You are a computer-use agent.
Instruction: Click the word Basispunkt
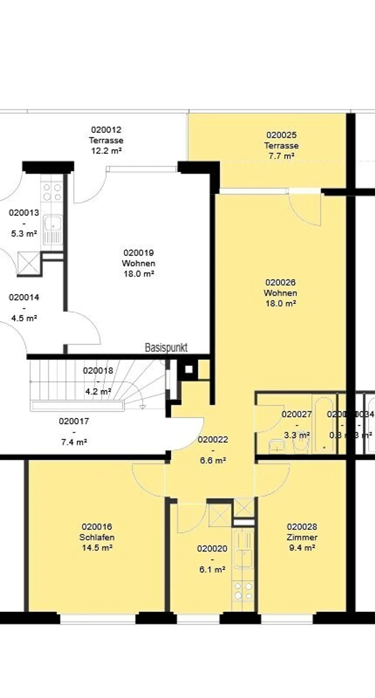coord(166,348)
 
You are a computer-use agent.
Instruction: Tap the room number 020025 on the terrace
coord(281,135)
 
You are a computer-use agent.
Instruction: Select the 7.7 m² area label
coord(281,156)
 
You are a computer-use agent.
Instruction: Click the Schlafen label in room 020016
coord(97,537)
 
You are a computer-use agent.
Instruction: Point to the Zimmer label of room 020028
coord(302,537)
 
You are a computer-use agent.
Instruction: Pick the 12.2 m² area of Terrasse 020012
coord(106,151)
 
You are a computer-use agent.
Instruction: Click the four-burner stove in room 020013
coord(52,192)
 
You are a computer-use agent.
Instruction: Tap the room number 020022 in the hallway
coord(213,440)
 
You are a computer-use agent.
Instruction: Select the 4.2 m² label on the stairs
coord(98,392)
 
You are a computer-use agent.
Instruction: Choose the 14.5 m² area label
coord(97,548)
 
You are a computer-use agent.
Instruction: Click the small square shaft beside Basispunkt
coord(189,369)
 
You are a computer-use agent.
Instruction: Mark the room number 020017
coord(74,421)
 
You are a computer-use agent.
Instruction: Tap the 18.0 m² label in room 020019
coord(139,274)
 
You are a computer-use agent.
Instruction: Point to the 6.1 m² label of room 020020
coord(212,569)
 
